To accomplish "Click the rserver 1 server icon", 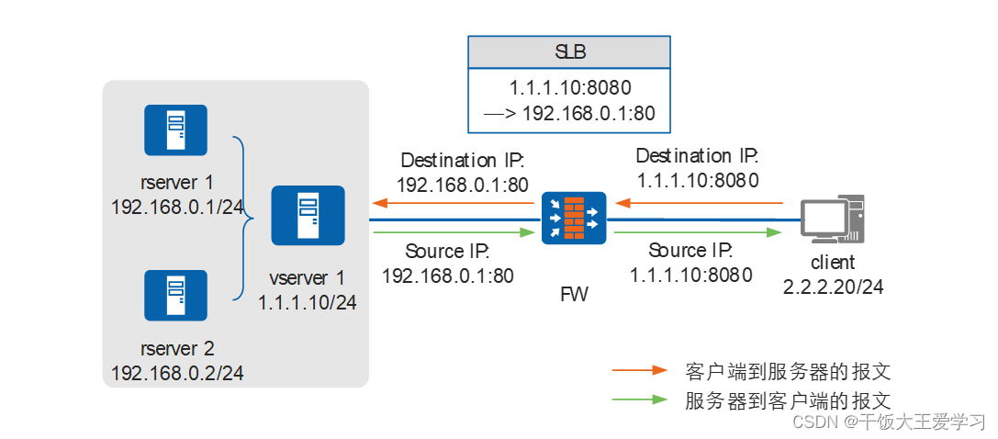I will pos(175,130).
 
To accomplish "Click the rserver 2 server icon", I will pos(175,296).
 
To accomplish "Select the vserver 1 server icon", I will pos(308,216).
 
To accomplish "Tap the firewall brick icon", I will pos(574,218).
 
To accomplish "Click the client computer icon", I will pos(831,220).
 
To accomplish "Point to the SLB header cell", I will pos(569,51).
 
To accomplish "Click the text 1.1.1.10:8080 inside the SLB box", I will pos(569,89).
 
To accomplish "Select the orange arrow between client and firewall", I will pos(699,202).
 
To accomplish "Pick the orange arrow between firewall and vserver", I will pos(452,202).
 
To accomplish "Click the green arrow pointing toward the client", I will pos(699,233).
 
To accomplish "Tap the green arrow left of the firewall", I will pos(452,233).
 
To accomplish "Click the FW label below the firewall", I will pos(574,295).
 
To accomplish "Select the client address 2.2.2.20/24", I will pos(833,287).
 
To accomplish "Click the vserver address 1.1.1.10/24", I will pos(307,300).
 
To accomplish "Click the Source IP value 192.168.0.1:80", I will pos(447,275).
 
